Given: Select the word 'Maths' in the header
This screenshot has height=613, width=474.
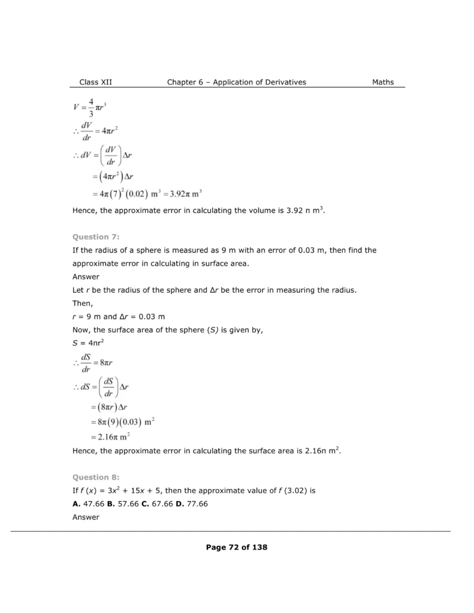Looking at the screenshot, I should click(383, 82).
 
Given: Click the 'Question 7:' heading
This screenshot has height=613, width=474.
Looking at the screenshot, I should click(92, 237).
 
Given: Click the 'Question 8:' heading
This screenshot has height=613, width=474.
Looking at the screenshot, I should click(92, 477).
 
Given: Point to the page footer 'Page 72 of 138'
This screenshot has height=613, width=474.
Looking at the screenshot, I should click(237, 547).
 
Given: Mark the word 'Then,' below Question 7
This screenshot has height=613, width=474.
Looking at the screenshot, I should click(82, 304).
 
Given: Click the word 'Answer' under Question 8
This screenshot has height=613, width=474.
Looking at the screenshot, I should click(86, 517).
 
